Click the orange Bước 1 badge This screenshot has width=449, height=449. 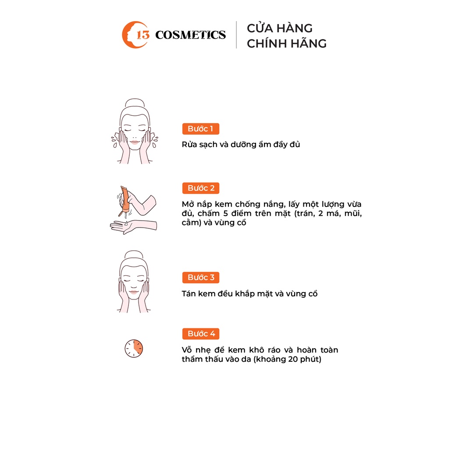pyautogui.click(x=200, y=129)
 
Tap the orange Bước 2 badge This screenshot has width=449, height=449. pyautogui.click(x=201, y=188)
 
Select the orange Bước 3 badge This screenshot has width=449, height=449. pyautogui.click(x=201, y=278)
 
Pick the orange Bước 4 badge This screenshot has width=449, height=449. pyautogui.click(x=201, y=334)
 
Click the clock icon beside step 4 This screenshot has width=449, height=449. pyautogui.click(x=134, y=348)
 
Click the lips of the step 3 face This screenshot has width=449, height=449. pyautogui.click(x=134, y=292)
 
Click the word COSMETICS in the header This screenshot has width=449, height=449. pyautogui.click(x=190, y=35)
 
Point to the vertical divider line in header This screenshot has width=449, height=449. pyautogui.click(x=236, y=35)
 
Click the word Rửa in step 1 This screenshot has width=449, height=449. pyautogui.click(x=189, y=144)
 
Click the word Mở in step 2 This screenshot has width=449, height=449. pyautogui.click(x=189, y=204)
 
